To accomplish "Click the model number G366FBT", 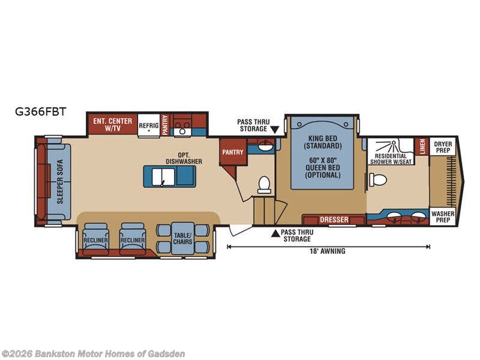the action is (x=40, y=112).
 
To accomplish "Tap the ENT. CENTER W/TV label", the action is (x=113, y=125).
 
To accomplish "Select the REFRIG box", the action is (x=149, y=125).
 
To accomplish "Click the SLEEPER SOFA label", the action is (x=60, y=182).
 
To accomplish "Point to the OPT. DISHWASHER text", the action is (x=184, y=158).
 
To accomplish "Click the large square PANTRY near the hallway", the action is (x=233, y=152).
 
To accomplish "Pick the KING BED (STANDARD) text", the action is (x=323, y=142).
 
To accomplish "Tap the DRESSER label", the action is (x=334, y=220).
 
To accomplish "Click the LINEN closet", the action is (x=422, y=146).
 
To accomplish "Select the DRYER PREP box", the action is (x=443, y=147).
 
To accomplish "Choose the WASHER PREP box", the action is (x=443, y=217).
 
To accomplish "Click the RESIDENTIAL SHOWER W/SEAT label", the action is (x=391, y=158).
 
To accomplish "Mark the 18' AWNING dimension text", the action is (x=327, y=251).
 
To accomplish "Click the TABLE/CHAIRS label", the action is (x=183, y=238).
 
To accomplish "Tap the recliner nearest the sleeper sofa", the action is (x=95, y=239).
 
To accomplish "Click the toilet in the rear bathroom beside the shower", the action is (x=378, y=179).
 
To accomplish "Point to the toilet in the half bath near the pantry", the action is (x=264, y=185).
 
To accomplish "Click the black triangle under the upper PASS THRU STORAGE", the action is (x=275, y=130).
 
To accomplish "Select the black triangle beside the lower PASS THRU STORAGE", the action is (x=275, y=233).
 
